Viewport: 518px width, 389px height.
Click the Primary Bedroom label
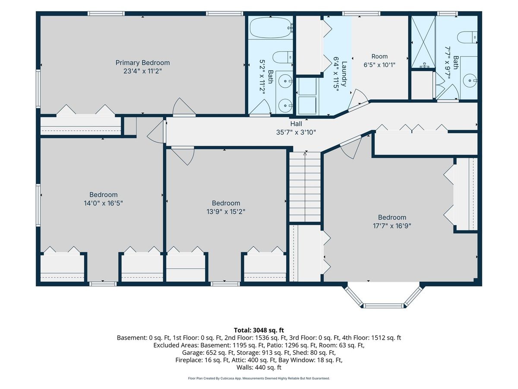tap(142, 63)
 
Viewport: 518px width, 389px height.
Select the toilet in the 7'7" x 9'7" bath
tap(467, 37)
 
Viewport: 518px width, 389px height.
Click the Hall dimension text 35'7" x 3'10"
tap(296, 132)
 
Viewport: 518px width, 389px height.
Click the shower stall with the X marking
tap(423, 42)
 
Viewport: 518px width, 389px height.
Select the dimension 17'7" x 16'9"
tap(392, 226)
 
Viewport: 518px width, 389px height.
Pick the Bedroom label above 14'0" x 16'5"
tap(103, 194)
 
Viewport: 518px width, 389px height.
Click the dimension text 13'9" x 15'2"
tap(226, 212)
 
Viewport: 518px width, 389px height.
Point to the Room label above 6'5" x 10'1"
tap(379, 57)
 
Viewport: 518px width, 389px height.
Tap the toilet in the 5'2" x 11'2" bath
tap(282, 57)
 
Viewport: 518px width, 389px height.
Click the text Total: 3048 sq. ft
tap(259, 330)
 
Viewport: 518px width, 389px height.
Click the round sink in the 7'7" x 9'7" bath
tap(470, 80)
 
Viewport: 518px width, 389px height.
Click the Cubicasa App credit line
tap(259, 378)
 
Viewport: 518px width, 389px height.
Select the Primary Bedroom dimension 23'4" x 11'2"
tap(142, 71)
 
